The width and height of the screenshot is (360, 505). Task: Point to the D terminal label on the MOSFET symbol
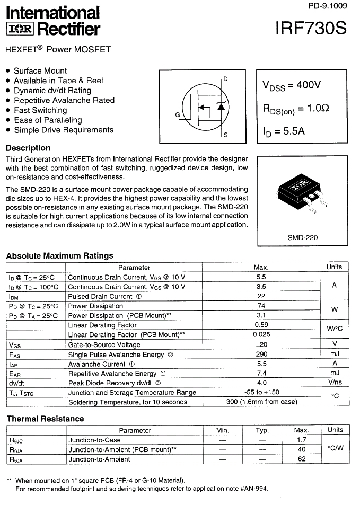(225, 79)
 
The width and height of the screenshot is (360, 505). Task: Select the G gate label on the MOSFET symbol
(178, 114)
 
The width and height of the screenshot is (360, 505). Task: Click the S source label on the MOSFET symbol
(226, 136)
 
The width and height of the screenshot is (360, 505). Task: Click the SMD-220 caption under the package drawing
(303, 237)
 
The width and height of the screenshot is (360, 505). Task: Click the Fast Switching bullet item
(40, 110)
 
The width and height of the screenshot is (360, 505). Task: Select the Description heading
(28, 148)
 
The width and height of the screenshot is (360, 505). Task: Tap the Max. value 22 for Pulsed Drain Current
(261, 296)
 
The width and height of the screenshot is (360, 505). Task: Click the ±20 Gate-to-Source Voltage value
(261, 344)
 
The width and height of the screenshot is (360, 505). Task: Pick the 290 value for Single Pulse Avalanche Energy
(261, 354)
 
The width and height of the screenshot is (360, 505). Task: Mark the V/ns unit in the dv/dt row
(335, 383)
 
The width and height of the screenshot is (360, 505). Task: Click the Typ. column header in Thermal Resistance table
(262, 430)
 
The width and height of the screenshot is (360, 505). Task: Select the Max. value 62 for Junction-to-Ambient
(301, 459)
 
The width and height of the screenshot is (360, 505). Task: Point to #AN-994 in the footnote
(253, 489)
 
